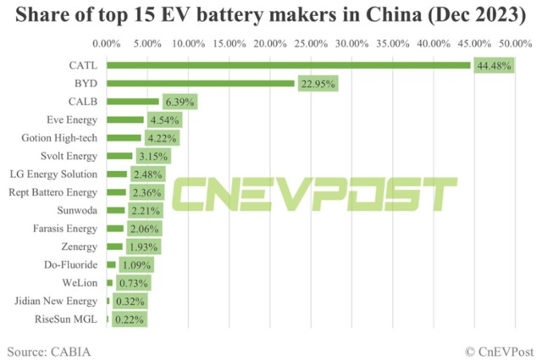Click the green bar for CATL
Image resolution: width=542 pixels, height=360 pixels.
pyautogui.click(x=288, y=64)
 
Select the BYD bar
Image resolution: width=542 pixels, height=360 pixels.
pyautogui.click(x=200, y=83)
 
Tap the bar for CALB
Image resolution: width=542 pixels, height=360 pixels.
pyautogui.click(x=133, y=102)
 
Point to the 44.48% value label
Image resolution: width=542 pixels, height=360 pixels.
pyautogui.click(x=494, y=65)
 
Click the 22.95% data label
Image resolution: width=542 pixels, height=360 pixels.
pyautogui.click(x=318, y=84)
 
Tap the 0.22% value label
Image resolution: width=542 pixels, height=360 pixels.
pyautogui.click(x=130, y=319)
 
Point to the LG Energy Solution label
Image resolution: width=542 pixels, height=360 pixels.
pyautogui.click(x=56, y=174)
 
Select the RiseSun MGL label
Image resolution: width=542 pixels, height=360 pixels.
pyautogui.click(x=69, y=319)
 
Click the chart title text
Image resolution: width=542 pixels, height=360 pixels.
pyautogui.click(x=271, y=14)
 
